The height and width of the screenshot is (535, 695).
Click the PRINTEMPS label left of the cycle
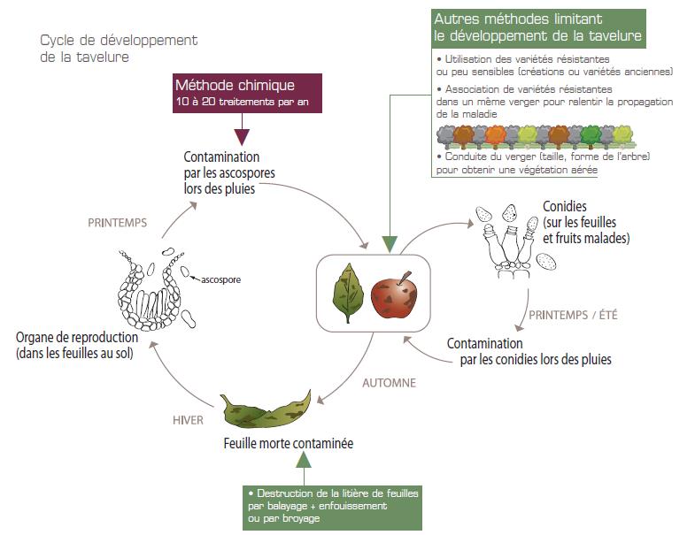(x=118, y=224)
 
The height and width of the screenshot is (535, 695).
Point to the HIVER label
(x=187, y=420)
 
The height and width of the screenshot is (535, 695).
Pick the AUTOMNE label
(x=389, y=384)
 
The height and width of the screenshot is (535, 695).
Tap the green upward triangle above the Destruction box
(x=304, y=460)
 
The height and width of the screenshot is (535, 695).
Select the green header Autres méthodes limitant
(x=538, y=28)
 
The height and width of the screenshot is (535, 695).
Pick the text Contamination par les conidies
(x=529, y=351)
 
